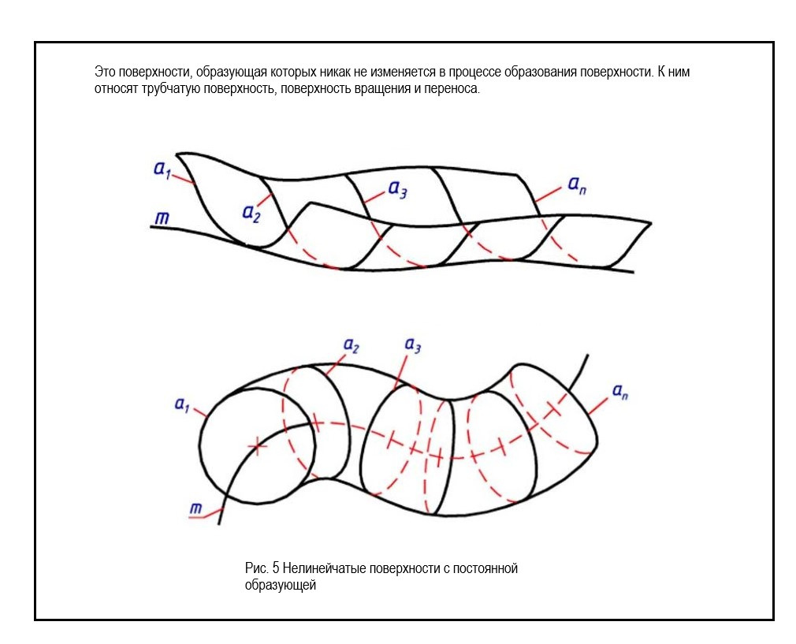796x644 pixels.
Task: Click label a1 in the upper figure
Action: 162,169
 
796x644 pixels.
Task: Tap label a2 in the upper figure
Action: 251,212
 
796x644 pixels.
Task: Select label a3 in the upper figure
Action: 397,191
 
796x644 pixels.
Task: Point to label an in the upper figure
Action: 576,186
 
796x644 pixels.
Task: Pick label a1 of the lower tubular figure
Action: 182,404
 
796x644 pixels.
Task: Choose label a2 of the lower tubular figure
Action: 352,344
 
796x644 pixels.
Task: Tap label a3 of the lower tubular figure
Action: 412,344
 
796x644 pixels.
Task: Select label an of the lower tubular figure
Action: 620,390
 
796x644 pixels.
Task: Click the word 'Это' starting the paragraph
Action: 104,72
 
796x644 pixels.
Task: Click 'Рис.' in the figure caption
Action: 257,568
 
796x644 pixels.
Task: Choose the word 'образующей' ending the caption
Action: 281,585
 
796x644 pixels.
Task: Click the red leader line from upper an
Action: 548,195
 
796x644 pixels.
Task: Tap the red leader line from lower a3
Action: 403,369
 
